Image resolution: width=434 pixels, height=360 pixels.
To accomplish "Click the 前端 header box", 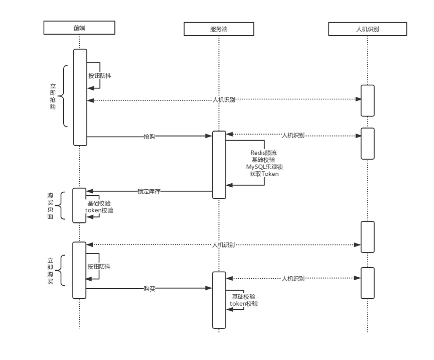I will coord(79,27).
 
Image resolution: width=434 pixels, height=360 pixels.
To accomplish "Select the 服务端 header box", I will coord(219,29).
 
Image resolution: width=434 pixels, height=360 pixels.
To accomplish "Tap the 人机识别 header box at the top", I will coord(367,29).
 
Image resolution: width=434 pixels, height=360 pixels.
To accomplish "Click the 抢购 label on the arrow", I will coord(149,136).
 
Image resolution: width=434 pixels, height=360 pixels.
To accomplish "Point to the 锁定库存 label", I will coord(149,191).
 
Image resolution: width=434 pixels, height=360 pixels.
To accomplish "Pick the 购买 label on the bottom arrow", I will coord(149,288).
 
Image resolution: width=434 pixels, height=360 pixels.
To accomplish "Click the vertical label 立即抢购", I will coord(53,96).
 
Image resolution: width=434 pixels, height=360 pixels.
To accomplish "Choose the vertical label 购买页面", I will coord(50,206).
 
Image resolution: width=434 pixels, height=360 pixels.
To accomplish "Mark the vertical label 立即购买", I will coord(50,271).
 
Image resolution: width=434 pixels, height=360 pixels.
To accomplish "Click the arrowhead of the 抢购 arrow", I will coord(209,136).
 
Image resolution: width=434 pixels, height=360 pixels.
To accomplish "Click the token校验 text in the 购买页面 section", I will coord(99,210).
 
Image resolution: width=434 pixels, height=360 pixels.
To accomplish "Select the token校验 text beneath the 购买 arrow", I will coord(244,304).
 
